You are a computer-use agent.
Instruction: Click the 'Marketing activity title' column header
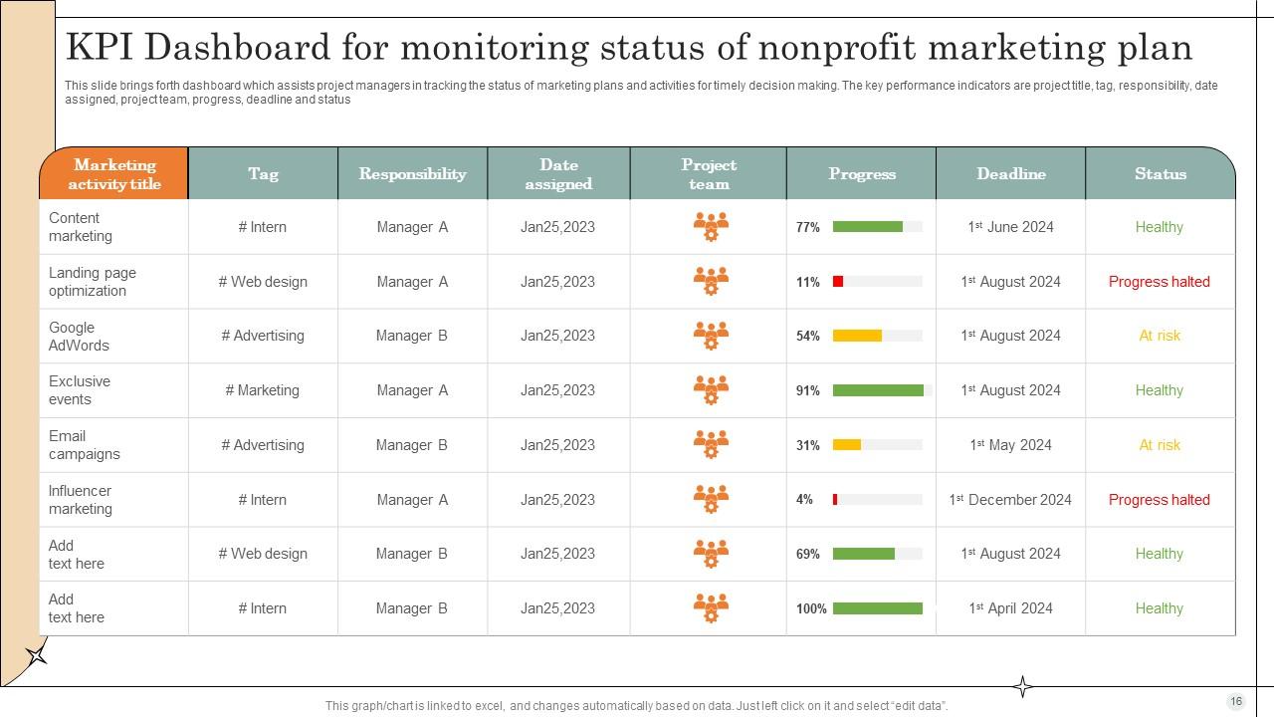click(x=114, y=174)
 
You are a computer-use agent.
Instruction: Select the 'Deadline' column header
click(x=1010, y=174)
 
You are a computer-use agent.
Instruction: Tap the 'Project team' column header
click(x=709, y=174)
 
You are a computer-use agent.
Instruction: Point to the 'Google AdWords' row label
click(x=79, y=337)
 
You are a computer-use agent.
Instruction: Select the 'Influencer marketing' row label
click(x=81, y=500)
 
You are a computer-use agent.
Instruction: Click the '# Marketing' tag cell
click(x=263, y=390)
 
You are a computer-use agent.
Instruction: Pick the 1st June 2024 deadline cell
click(x=1010, y=227)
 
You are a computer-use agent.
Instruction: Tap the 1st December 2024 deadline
click(x=1010, y=500)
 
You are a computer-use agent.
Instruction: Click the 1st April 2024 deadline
click(x=1010, y=608)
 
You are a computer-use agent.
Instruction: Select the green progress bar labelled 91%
click(x=878, y=391)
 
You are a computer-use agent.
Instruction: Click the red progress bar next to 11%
click(x=838, y=282)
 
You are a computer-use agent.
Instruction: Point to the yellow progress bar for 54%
click(x=857, y=337)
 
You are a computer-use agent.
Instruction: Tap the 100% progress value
click(x=811, y=608)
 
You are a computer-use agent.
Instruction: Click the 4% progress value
click(x=804, y=500)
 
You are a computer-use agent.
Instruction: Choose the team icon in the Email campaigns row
click(x=711, y=445)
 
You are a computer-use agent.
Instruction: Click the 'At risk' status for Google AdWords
click(x=1160, y=337)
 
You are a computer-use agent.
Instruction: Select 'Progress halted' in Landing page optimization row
click(x=1160, y=282)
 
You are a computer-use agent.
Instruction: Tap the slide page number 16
click(x=1236, y=701)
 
